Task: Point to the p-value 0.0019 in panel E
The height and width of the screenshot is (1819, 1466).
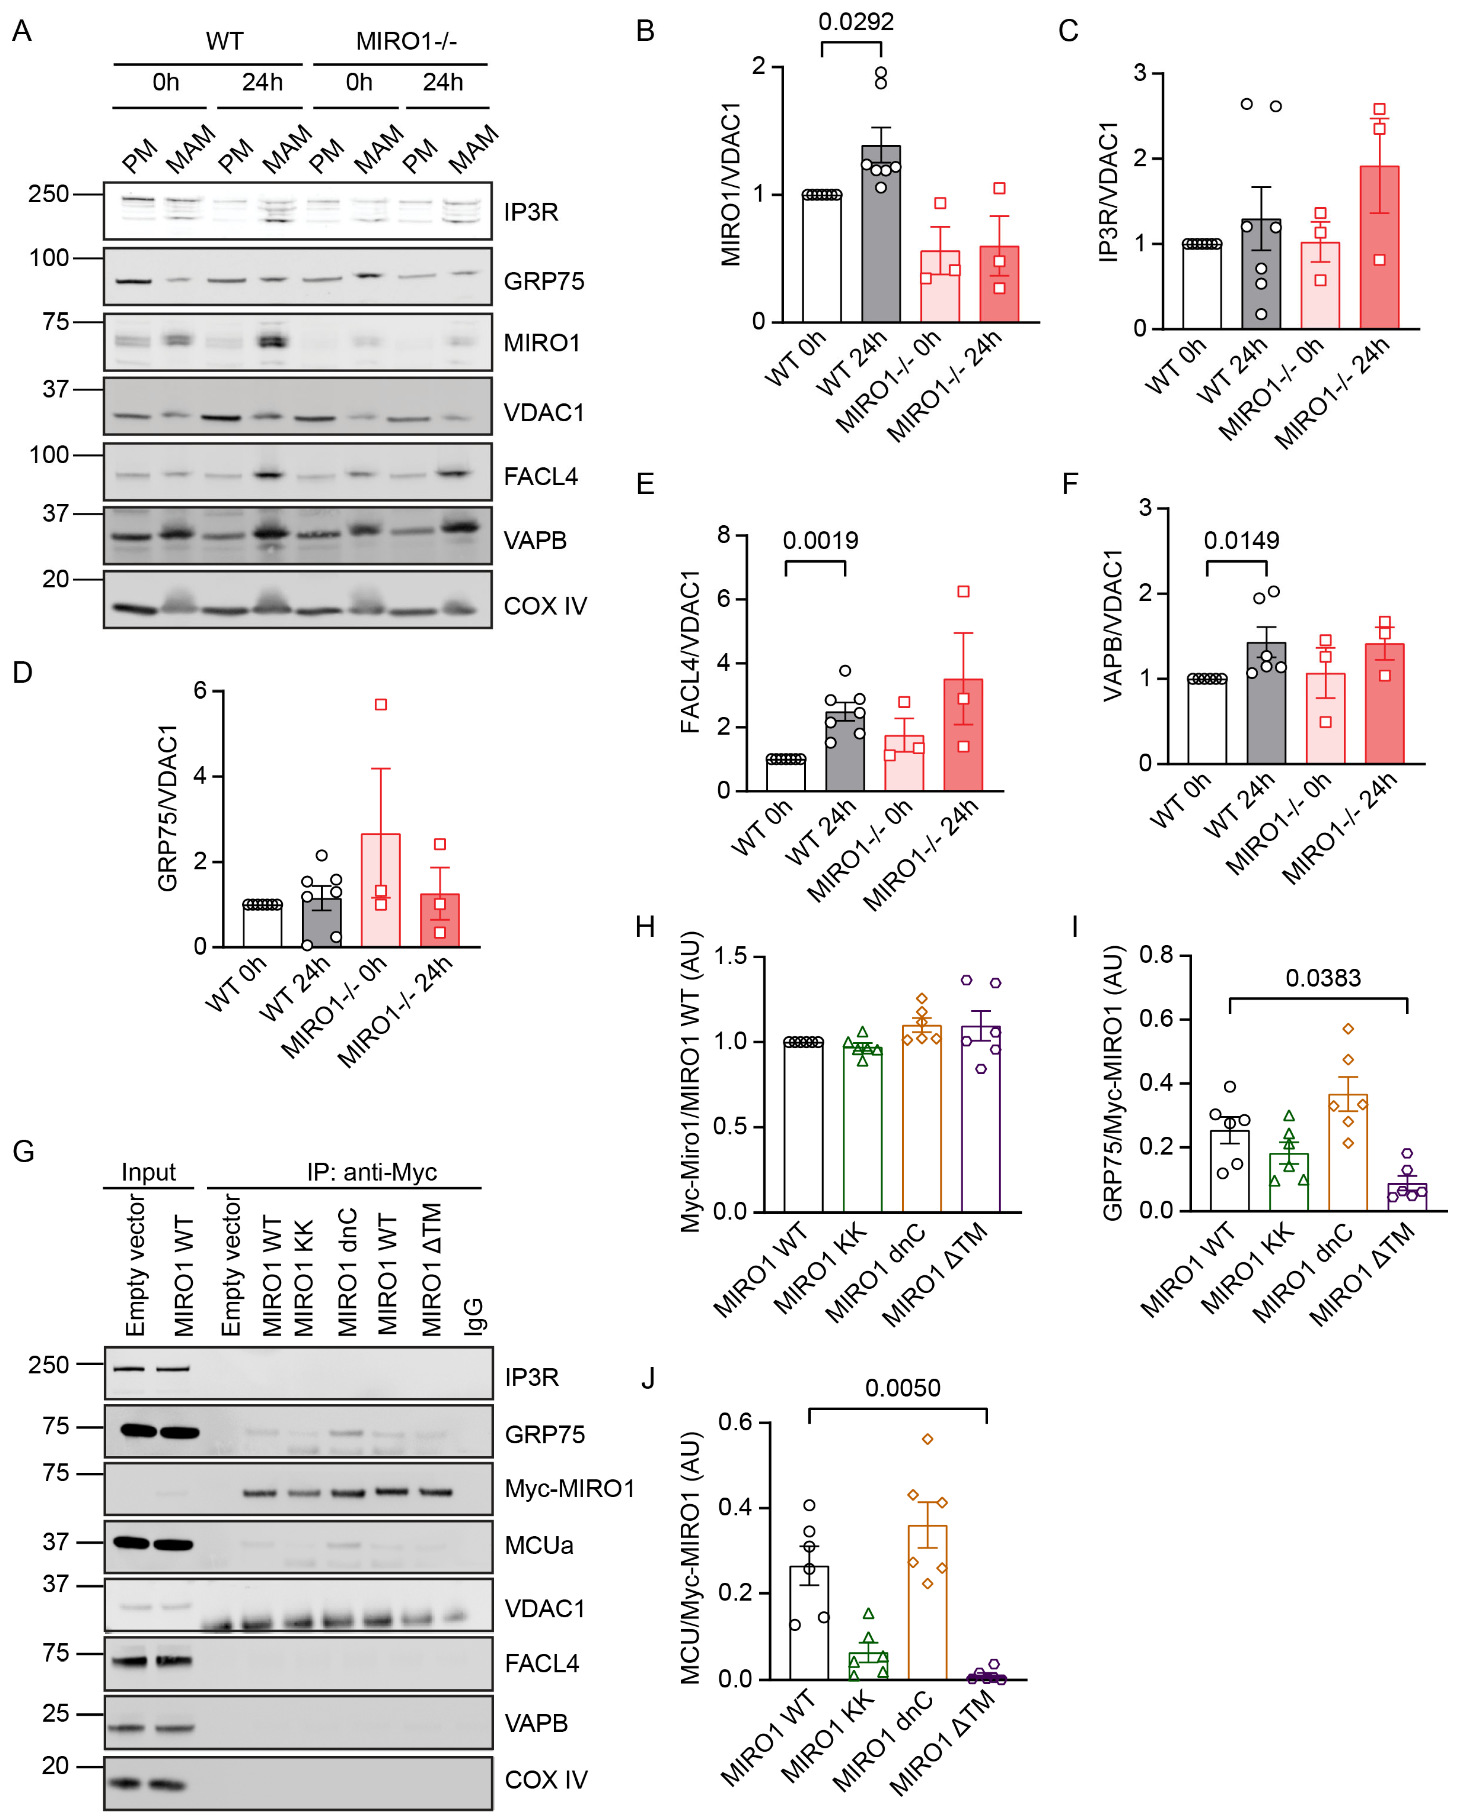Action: [820, 541]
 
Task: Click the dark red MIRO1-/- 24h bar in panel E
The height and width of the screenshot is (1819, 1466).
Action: [963, 735]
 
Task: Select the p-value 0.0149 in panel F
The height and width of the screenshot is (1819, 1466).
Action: [1240, 541]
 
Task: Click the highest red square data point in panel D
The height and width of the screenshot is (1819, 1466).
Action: [381, 704]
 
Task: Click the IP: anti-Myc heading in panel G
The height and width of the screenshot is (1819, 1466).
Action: [371, 1172]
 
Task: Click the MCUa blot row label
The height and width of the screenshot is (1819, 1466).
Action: [539, 1545]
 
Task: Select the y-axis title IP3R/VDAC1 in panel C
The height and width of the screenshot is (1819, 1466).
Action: [1108, 192]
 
